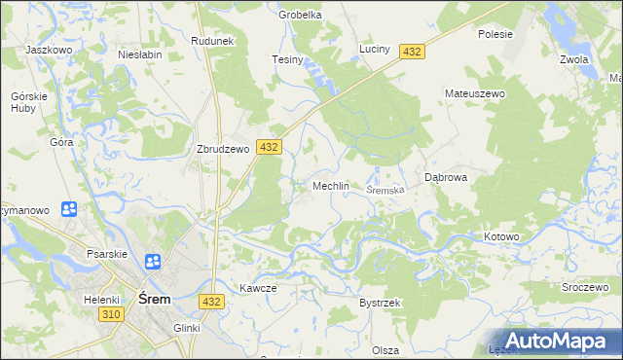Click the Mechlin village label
click(330, 186)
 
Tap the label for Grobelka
click(300, 15)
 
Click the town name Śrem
click(155, 300)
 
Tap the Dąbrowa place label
click(448, 178)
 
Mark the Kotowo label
click(502, 236)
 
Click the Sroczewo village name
click(585, 289)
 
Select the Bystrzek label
click(380, 303)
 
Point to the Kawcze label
click(259, 288)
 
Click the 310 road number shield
click(110, 315)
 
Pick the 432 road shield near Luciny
click(412, 52)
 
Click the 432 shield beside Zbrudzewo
click(270, 147)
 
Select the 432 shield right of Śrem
click(213, 303)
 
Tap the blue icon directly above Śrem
click(153, 262)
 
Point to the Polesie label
click(495, 33)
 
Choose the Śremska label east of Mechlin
click(385, 190)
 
